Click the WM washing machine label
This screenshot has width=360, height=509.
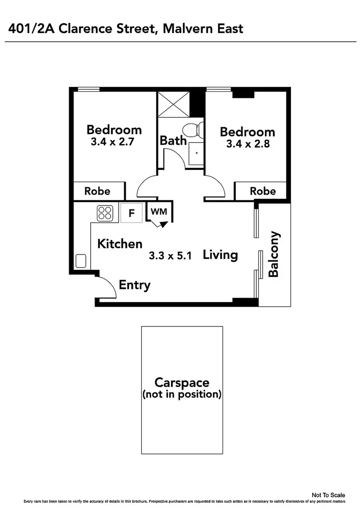point(158,211)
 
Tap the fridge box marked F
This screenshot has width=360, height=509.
point(131,212)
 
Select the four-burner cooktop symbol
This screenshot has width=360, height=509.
point(105,213)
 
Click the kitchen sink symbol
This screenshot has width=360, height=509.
point(81,261)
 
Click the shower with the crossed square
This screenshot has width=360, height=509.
point(173,104)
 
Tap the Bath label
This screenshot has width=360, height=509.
point(173,141)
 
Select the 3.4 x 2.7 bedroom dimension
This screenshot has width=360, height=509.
point(114,142)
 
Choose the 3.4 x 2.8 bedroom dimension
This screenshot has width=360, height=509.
point(247,144)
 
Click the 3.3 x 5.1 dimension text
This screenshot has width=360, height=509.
point(170,256)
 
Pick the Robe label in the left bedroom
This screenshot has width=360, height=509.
point(97,191)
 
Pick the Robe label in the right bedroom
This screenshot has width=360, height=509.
point(263,191)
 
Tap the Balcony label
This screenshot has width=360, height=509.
point(274,254)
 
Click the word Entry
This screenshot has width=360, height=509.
point(134,285)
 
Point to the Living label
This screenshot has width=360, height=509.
point(220,254)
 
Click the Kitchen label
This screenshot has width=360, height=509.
point(120,244)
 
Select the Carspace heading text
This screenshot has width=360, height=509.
point(182,383)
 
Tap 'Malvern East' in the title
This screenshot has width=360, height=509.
point(203,29)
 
